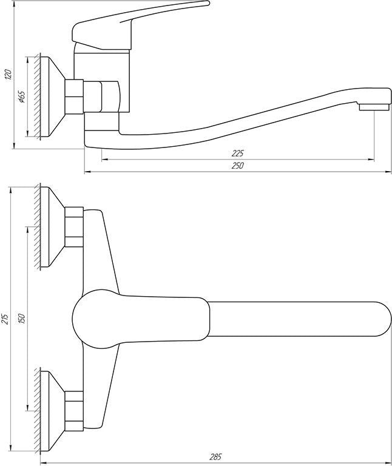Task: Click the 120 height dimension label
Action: (x=8, y=74)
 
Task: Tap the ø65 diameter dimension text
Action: (x=22, y=97)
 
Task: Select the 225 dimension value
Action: (x=237, y=154)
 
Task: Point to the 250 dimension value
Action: (x=237, y=166)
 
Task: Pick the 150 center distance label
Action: (x=23, y=319)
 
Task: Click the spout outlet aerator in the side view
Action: (x=374, y=107)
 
